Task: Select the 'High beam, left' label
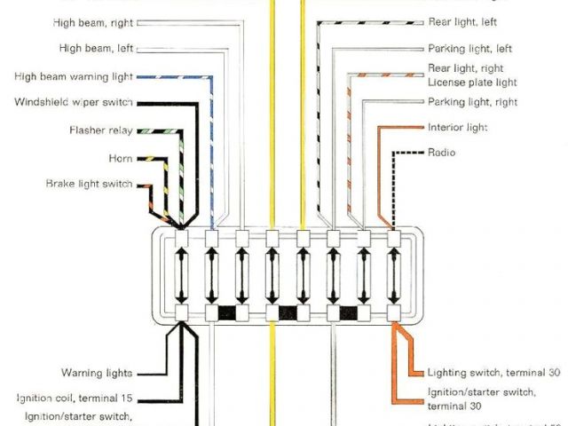coord(96,48)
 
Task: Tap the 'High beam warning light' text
coord(74,76)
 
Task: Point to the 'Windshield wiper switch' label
coord(74,102)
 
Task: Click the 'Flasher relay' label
coord(100,130)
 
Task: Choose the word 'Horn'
coord(120,158)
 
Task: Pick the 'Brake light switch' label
coord(89,184)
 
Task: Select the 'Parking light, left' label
coord(470,49)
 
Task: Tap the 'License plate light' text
coord(472,83)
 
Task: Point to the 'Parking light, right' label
coord(472,102)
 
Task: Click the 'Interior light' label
coord(458,128)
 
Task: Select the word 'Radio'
coord(442,153)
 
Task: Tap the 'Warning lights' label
coord(97,373)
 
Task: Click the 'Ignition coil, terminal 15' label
coord(75,398)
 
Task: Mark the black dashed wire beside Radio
coord(408,153)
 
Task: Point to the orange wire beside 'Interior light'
coord(399,128)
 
